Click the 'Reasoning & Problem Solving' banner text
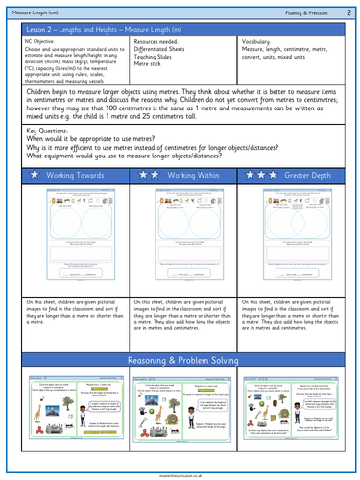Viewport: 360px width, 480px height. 180,360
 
